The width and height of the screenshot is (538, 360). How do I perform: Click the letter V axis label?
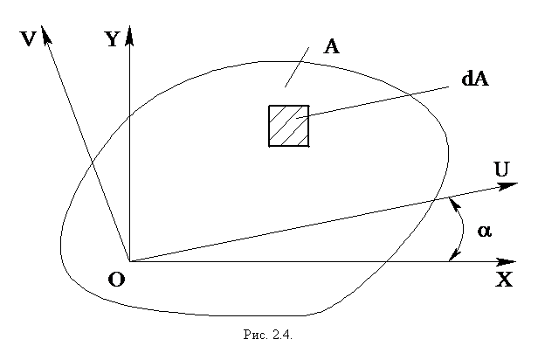point(28,38)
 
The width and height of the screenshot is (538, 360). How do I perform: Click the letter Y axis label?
point(113,38)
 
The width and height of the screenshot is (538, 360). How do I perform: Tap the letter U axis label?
point(501,170)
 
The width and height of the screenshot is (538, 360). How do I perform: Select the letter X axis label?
point(504,279)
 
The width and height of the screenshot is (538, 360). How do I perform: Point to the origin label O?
point(117,280)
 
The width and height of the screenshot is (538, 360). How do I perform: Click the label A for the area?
point(331,46)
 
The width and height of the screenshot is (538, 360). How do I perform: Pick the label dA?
point(475,79)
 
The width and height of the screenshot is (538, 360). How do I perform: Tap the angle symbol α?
point(485,231)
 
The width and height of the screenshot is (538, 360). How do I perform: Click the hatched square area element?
point(289,126)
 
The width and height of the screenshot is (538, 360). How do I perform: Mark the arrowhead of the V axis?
point(45,34)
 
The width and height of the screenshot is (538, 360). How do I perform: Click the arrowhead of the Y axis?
point(129,35)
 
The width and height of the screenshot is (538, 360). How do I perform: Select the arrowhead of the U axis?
point(507,185)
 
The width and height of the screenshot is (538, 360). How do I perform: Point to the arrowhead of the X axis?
point(507,262)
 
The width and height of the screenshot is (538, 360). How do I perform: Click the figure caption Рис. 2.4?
point(267,335)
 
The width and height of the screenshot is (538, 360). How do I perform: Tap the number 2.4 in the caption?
point(282,335)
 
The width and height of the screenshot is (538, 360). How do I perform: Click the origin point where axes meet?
point(129,262)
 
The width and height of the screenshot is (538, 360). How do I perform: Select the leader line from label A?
point(297,67)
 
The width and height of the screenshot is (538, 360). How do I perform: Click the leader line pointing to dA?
point(373,102)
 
